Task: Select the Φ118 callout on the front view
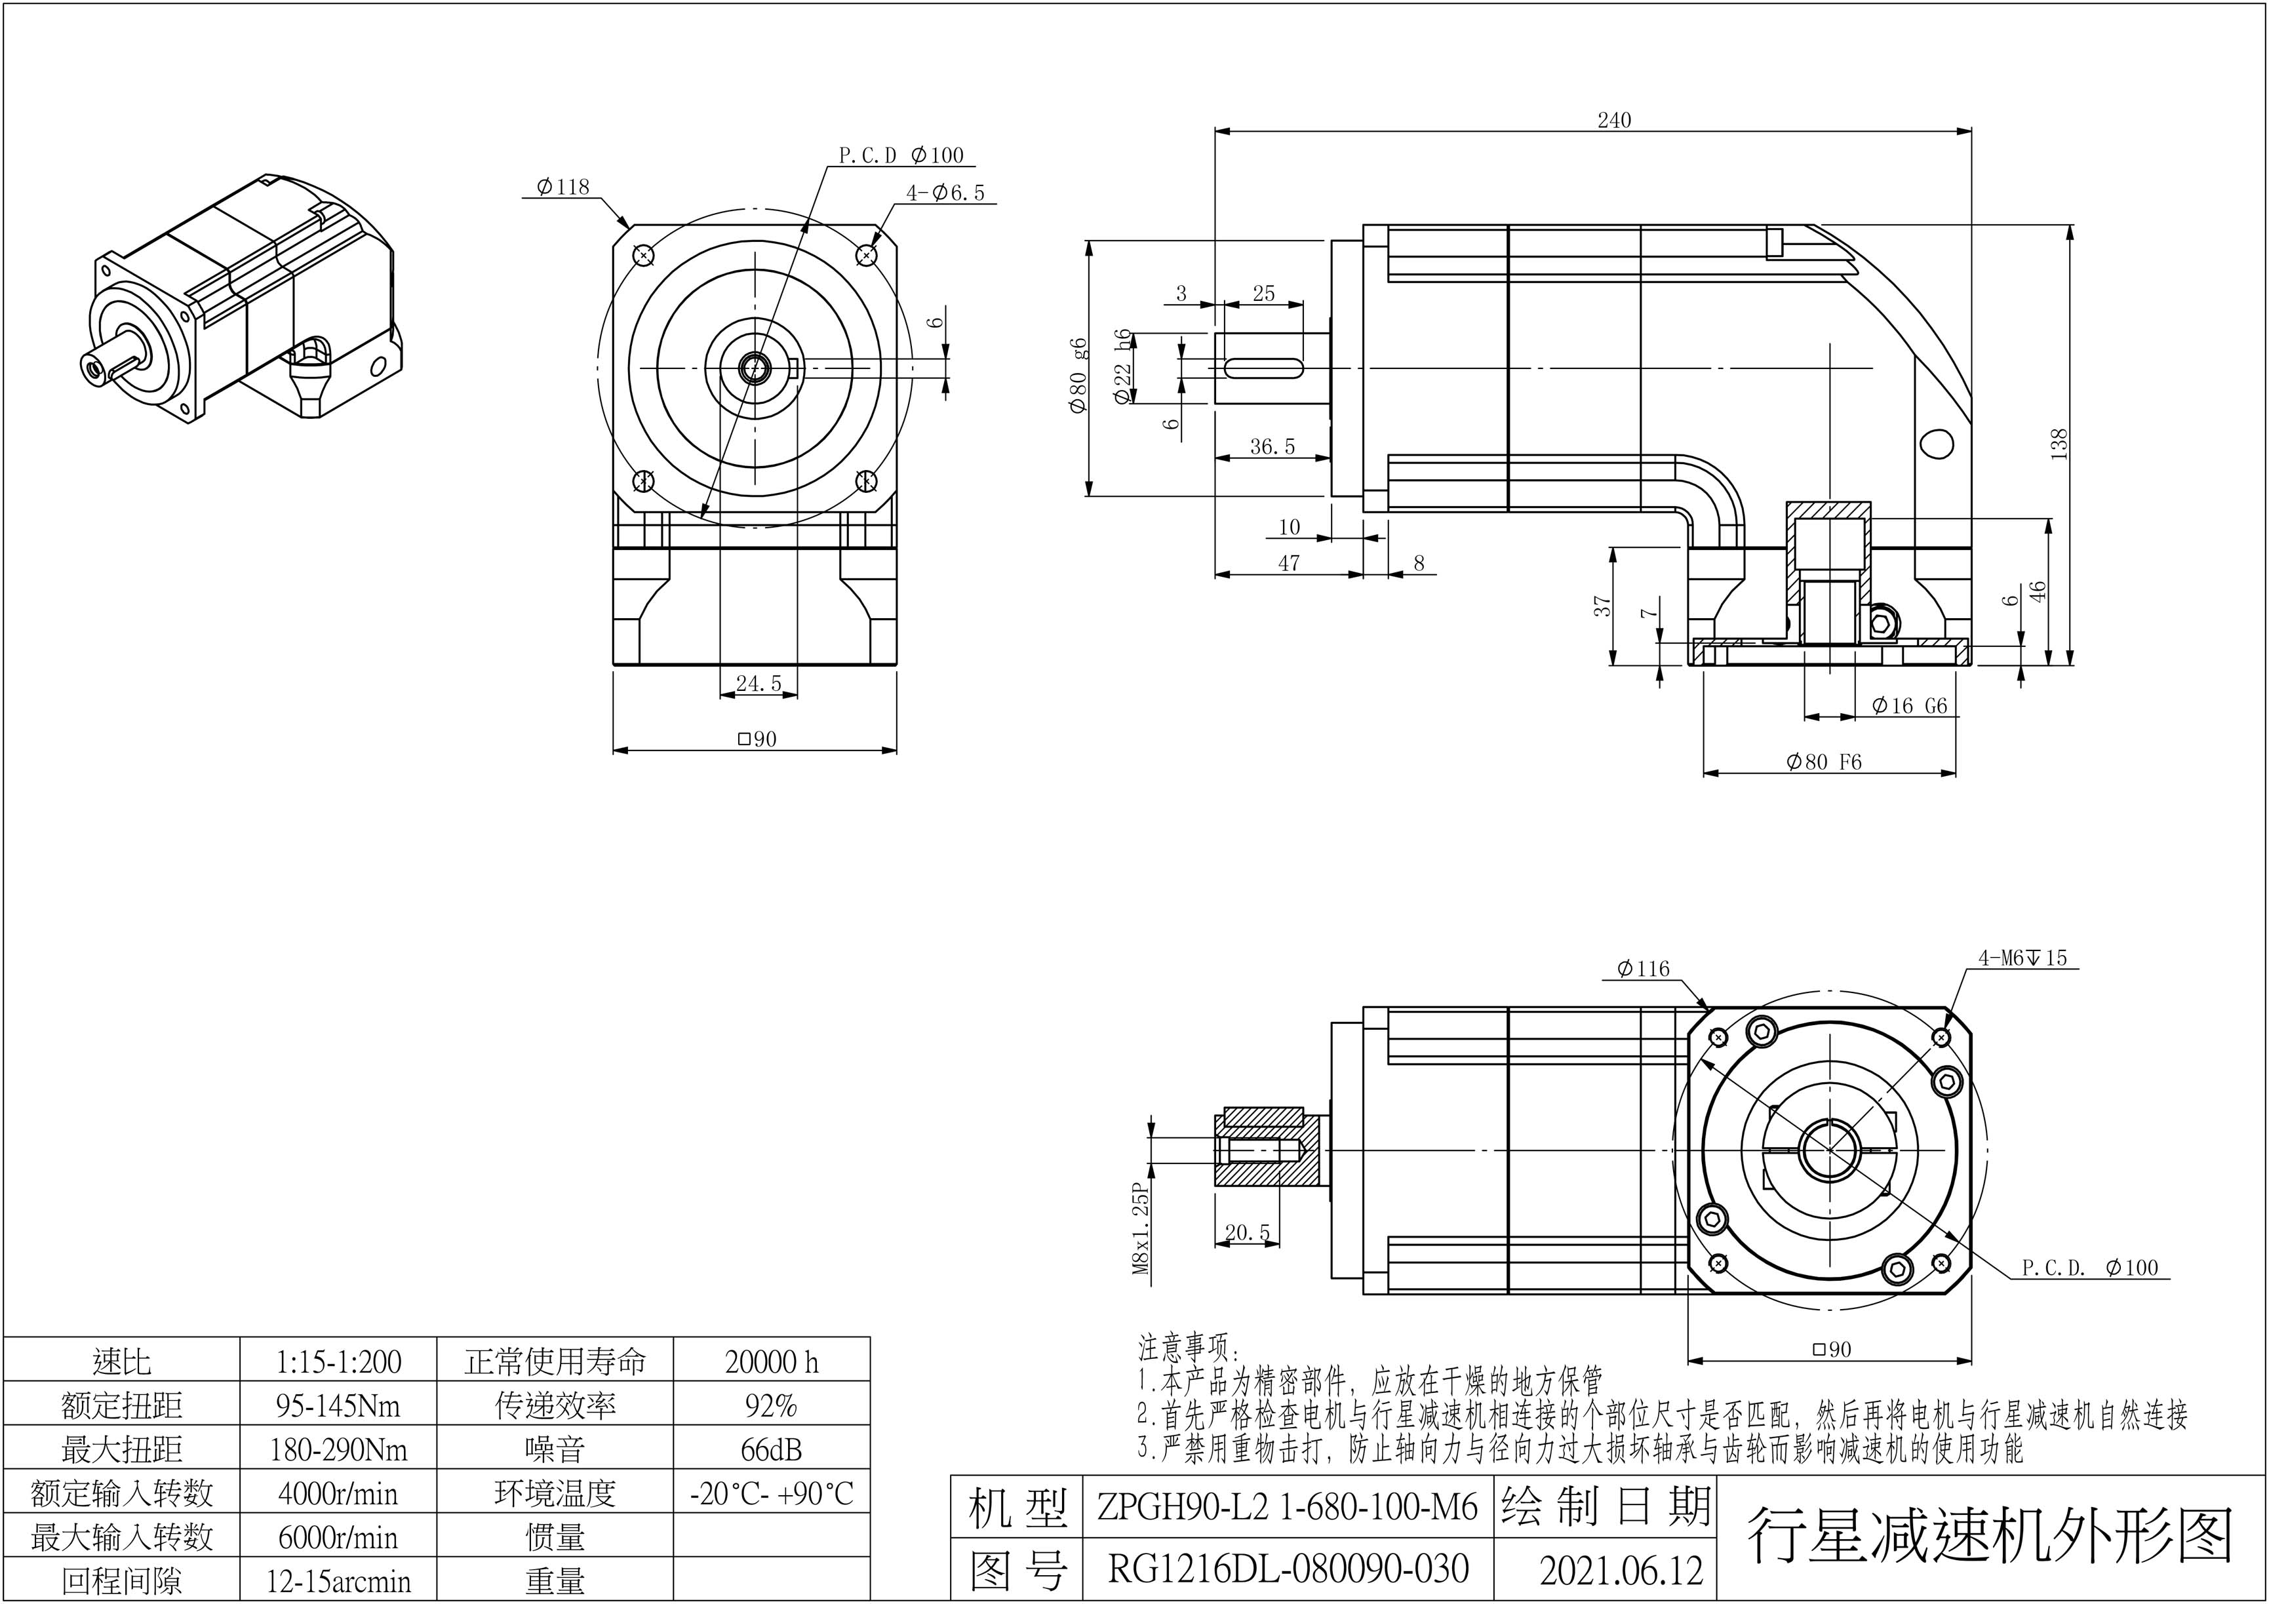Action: pos(562,187)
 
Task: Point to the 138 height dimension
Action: pos(2059,444)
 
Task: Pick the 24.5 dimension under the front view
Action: pos(758,684)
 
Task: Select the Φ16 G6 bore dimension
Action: pos(1908,705)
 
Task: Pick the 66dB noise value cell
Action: pos(771,1450)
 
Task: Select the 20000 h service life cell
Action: pos(771,1362)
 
